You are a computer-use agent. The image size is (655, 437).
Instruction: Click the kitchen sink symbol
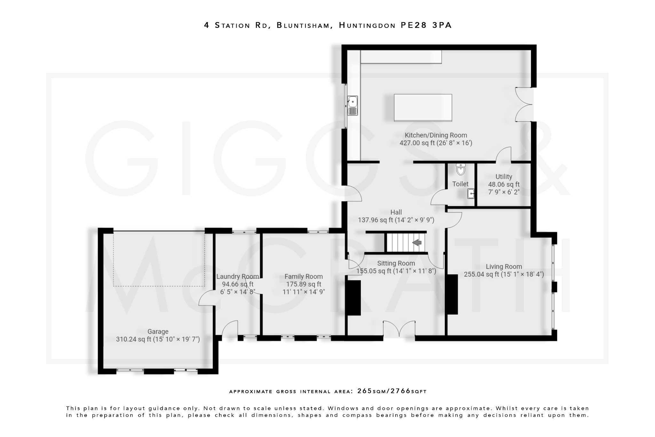(352, 105)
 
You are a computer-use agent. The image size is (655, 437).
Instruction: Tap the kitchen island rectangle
(423, 108)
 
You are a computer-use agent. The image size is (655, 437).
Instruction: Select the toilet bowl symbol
(461, 169)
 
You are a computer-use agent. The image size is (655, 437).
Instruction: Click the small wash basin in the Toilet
(470, 194)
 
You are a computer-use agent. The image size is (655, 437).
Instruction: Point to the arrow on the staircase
(417, 243)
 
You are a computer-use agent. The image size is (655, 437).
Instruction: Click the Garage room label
(158, 332)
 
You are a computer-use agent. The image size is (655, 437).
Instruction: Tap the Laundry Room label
(237, 277)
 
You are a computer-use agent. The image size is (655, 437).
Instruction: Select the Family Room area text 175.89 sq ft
(304, 284)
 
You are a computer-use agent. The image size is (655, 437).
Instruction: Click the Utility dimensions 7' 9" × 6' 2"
(503, 192)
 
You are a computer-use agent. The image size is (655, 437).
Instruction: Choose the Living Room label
(504, 266)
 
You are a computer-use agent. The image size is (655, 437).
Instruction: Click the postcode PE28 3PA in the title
(426, 25)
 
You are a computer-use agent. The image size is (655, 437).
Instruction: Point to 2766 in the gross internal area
(400, 391)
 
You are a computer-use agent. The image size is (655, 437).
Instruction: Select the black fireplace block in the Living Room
(452, 294)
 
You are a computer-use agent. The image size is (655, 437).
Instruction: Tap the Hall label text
(396, 212)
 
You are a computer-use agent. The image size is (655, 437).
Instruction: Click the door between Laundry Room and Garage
(207, 298)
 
